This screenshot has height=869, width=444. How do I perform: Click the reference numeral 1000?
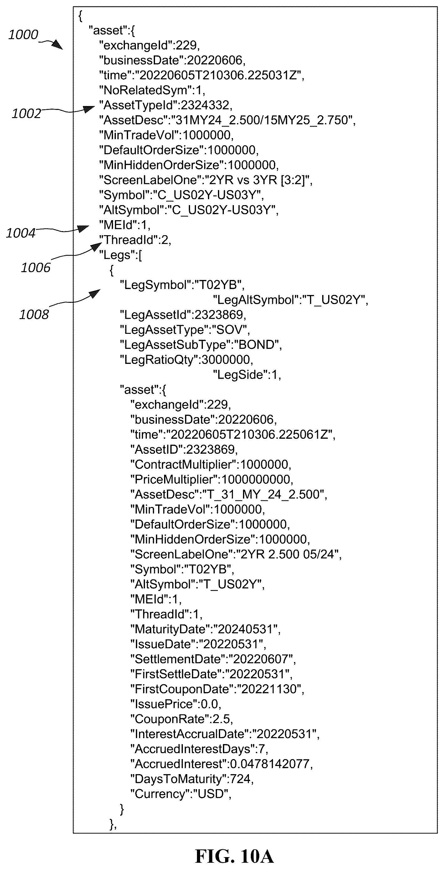tap(23, 34)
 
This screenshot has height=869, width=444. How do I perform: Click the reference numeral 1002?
tap(26, 113)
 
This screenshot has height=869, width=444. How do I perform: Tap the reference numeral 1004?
tap(21, 233)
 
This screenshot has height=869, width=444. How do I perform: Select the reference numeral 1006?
tap(35, 268)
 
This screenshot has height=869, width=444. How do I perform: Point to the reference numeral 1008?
tap(34, 314)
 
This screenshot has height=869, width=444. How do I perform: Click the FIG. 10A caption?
tap(235, 856)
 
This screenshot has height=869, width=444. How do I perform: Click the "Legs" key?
tap(117, 255)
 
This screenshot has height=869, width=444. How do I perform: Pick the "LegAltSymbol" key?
tap(256, 300)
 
